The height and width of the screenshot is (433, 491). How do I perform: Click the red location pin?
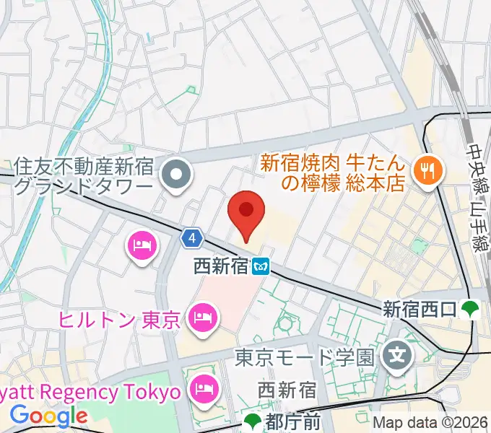[x=245, y=211]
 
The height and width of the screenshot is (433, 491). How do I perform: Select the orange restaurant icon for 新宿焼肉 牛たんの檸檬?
[x=426, y=170]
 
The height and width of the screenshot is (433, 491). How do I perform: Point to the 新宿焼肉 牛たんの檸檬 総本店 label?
[x=332, y=173]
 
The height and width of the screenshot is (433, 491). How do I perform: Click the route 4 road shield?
[x=190, y=237]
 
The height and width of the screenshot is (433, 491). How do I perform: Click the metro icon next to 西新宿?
[x=261, y=267]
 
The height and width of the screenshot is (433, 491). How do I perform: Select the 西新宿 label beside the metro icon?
[x=221, y=267]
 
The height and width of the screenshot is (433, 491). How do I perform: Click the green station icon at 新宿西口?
[x=471, y=310]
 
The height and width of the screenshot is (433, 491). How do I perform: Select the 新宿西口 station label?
[x=419, y=310]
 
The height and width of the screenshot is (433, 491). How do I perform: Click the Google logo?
[x=48, y=416]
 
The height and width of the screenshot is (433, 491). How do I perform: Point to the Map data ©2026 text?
[x=430, y=423]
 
